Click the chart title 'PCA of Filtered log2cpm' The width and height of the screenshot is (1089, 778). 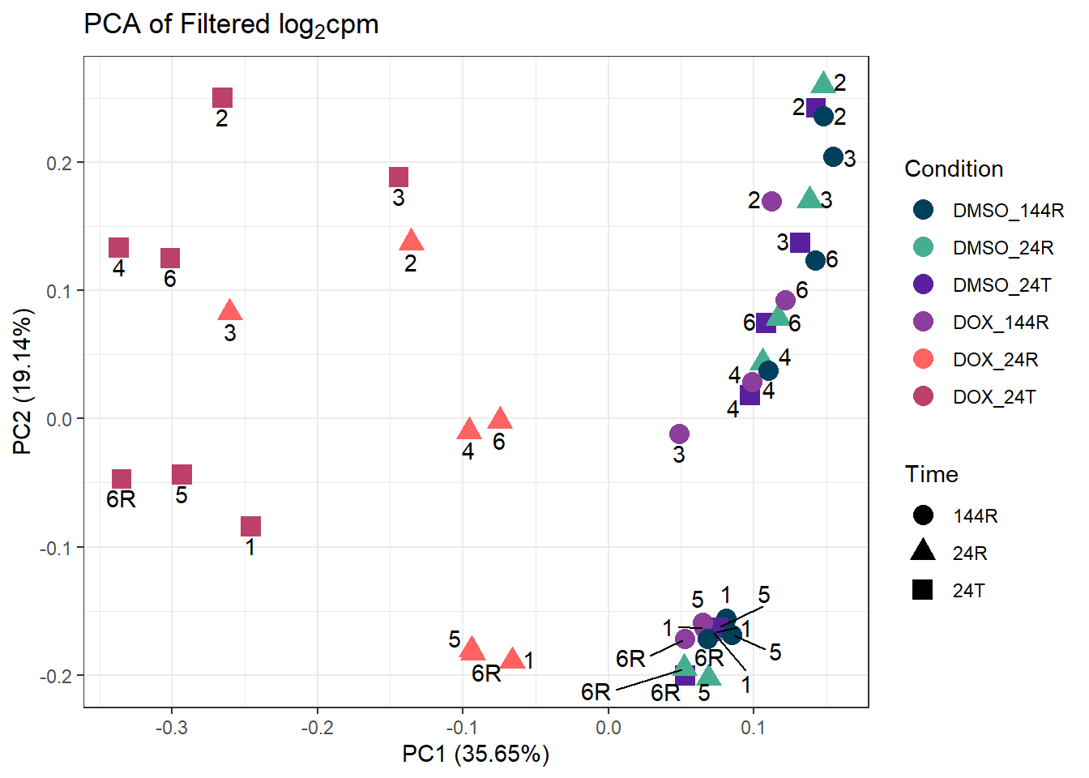[231, 25]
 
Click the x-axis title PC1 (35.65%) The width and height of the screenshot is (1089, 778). [476, 754]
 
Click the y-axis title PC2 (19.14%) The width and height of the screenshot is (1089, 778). [22, 382]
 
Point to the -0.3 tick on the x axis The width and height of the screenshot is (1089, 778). [171, 728]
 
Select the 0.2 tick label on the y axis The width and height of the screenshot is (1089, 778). [60, 163]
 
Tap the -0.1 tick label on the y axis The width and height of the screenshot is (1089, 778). [56, 548]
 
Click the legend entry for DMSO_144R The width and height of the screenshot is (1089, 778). [1007, 211]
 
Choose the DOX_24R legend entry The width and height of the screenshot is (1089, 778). [995, 360]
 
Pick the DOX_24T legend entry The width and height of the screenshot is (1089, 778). [994, 397]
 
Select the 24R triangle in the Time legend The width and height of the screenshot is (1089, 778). [923, 552]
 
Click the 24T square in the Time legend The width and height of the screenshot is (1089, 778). [923, 590]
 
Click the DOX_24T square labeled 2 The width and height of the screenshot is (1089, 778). [222, 98]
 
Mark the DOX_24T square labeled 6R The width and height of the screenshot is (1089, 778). [122, 479]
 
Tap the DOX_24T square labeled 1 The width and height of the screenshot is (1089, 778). [250, 527]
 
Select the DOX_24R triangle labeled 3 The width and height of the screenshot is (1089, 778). [230, 310]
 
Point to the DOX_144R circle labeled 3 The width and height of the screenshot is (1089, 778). [679, 434]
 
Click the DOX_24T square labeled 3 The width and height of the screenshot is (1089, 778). [398, 177]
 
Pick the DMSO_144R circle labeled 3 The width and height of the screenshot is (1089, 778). [833, 157]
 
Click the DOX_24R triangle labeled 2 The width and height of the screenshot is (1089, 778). [412, 241]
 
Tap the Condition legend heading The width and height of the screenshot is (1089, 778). [953, 169]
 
